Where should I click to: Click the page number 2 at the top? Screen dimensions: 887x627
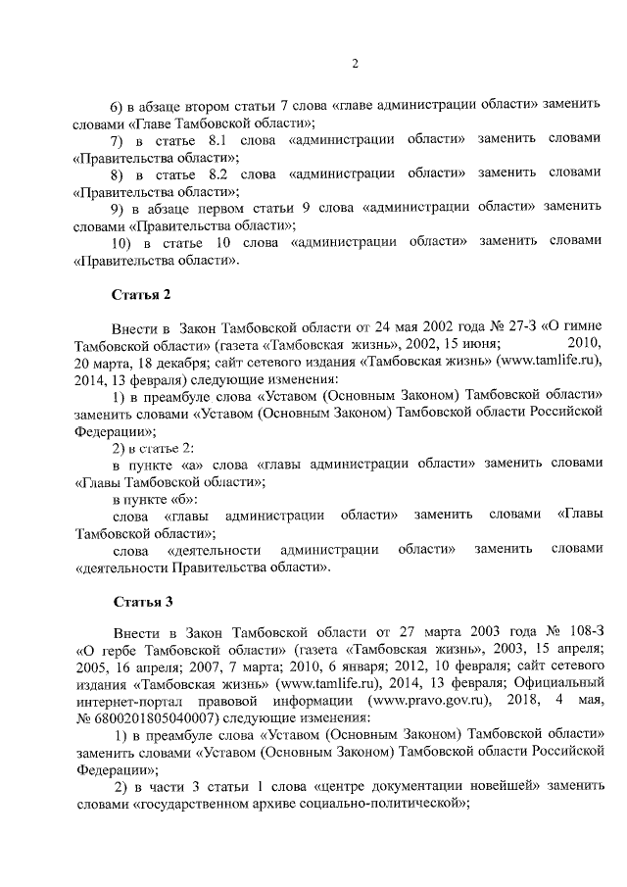pyautogui.click(x=356, y=65)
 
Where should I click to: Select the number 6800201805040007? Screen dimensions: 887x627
pyautogui.click(x=150, y=719)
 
